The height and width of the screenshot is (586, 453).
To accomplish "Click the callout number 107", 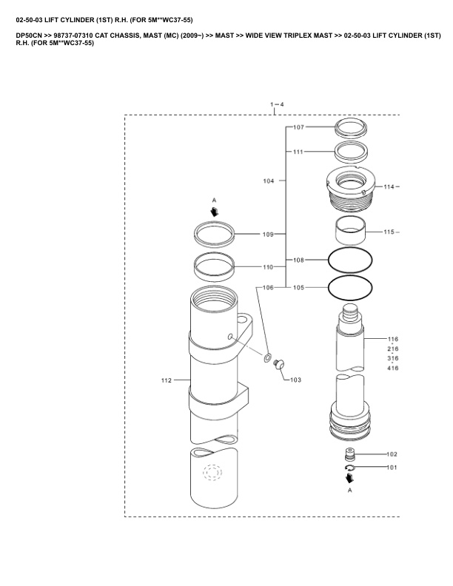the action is pyautogui.click(x=298, y=127).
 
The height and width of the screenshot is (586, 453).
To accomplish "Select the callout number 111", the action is pyautogui.click(x=298, y=152).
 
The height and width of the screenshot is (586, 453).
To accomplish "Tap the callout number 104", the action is pyautogui.click(x=269, y=181).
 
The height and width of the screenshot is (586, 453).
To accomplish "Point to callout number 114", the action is pyautogui.click(x=389, y=187).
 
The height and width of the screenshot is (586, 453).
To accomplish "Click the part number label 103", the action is pyautogui.click(x=295, y=380).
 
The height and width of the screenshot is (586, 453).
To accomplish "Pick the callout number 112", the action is pyautogui.click(x=167, y=380).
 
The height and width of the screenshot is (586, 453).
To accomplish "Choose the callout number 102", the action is pyautogui.click(x=392, y=454).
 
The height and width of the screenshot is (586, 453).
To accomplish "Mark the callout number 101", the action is pyautogui.click(x=392, y=468).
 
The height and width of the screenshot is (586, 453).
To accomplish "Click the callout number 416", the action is pyautogui.click(x=393, y=368).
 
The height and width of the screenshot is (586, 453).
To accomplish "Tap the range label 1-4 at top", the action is pyautogui.click(x=277, y=104).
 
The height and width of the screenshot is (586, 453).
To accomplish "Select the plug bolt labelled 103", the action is pyautogui.click(x=279, y=363).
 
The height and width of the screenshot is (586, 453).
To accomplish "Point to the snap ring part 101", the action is pyautogui.click(x=349, y=468).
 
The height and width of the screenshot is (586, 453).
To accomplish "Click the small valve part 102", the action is pyautogui.click(x=349, y=454).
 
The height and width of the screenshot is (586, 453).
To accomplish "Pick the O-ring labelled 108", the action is pyautogui.click(x=350, y=260).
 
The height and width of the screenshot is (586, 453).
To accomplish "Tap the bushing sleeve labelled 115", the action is pyautogui.click(x=350, y=230).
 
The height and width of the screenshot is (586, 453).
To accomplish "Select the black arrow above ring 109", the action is pyautogui.click(x=215, y=212).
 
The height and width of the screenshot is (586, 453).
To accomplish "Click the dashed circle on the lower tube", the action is pyautogui.click(x=212, y=473).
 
